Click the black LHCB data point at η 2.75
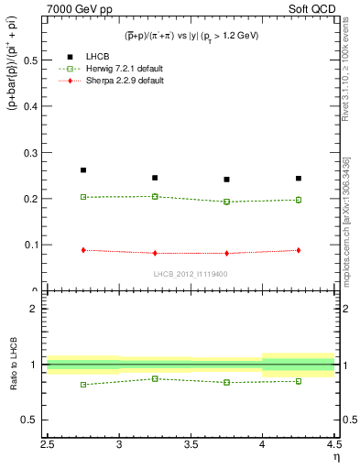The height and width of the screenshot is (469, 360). click(x=83, y=170)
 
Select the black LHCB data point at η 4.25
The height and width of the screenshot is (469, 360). click(x=299, y=178)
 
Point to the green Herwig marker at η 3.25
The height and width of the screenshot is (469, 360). click(x=155, y=196)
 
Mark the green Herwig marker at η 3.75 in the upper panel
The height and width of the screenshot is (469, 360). click(x=227, y=202)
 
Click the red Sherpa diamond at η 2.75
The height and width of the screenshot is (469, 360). click(x=83, y=250)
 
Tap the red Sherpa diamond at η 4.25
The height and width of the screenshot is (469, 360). click(x=299, y=250)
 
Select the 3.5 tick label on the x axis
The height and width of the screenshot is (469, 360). click(x=191, y=444)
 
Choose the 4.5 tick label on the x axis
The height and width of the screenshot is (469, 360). click(x=333, y=444)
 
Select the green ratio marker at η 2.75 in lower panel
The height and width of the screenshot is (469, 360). click(x=83, y=385)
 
